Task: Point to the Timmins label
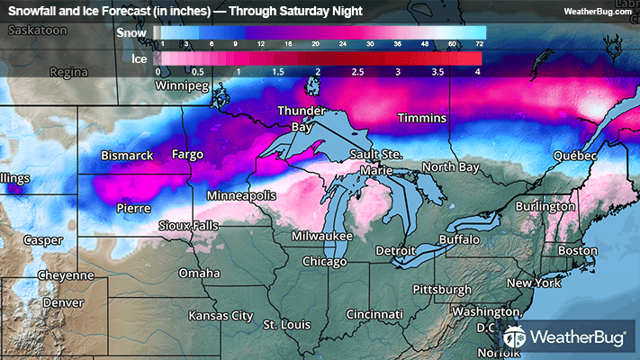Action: click(x=421, y=119)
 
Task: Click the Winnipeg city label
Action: click(x=182, y=86)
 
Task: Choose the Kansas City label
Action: click(x=221, y=316)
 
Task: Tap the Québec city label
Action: click(x=575, y=156)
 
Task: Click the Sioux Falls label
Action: click(x=188, y=224)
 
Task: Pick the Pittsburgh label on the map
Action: click(x=442, y=289)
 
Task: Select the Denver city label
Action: click(x=62, y=302)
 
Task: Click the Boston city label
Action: click(x=577, y=249)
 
